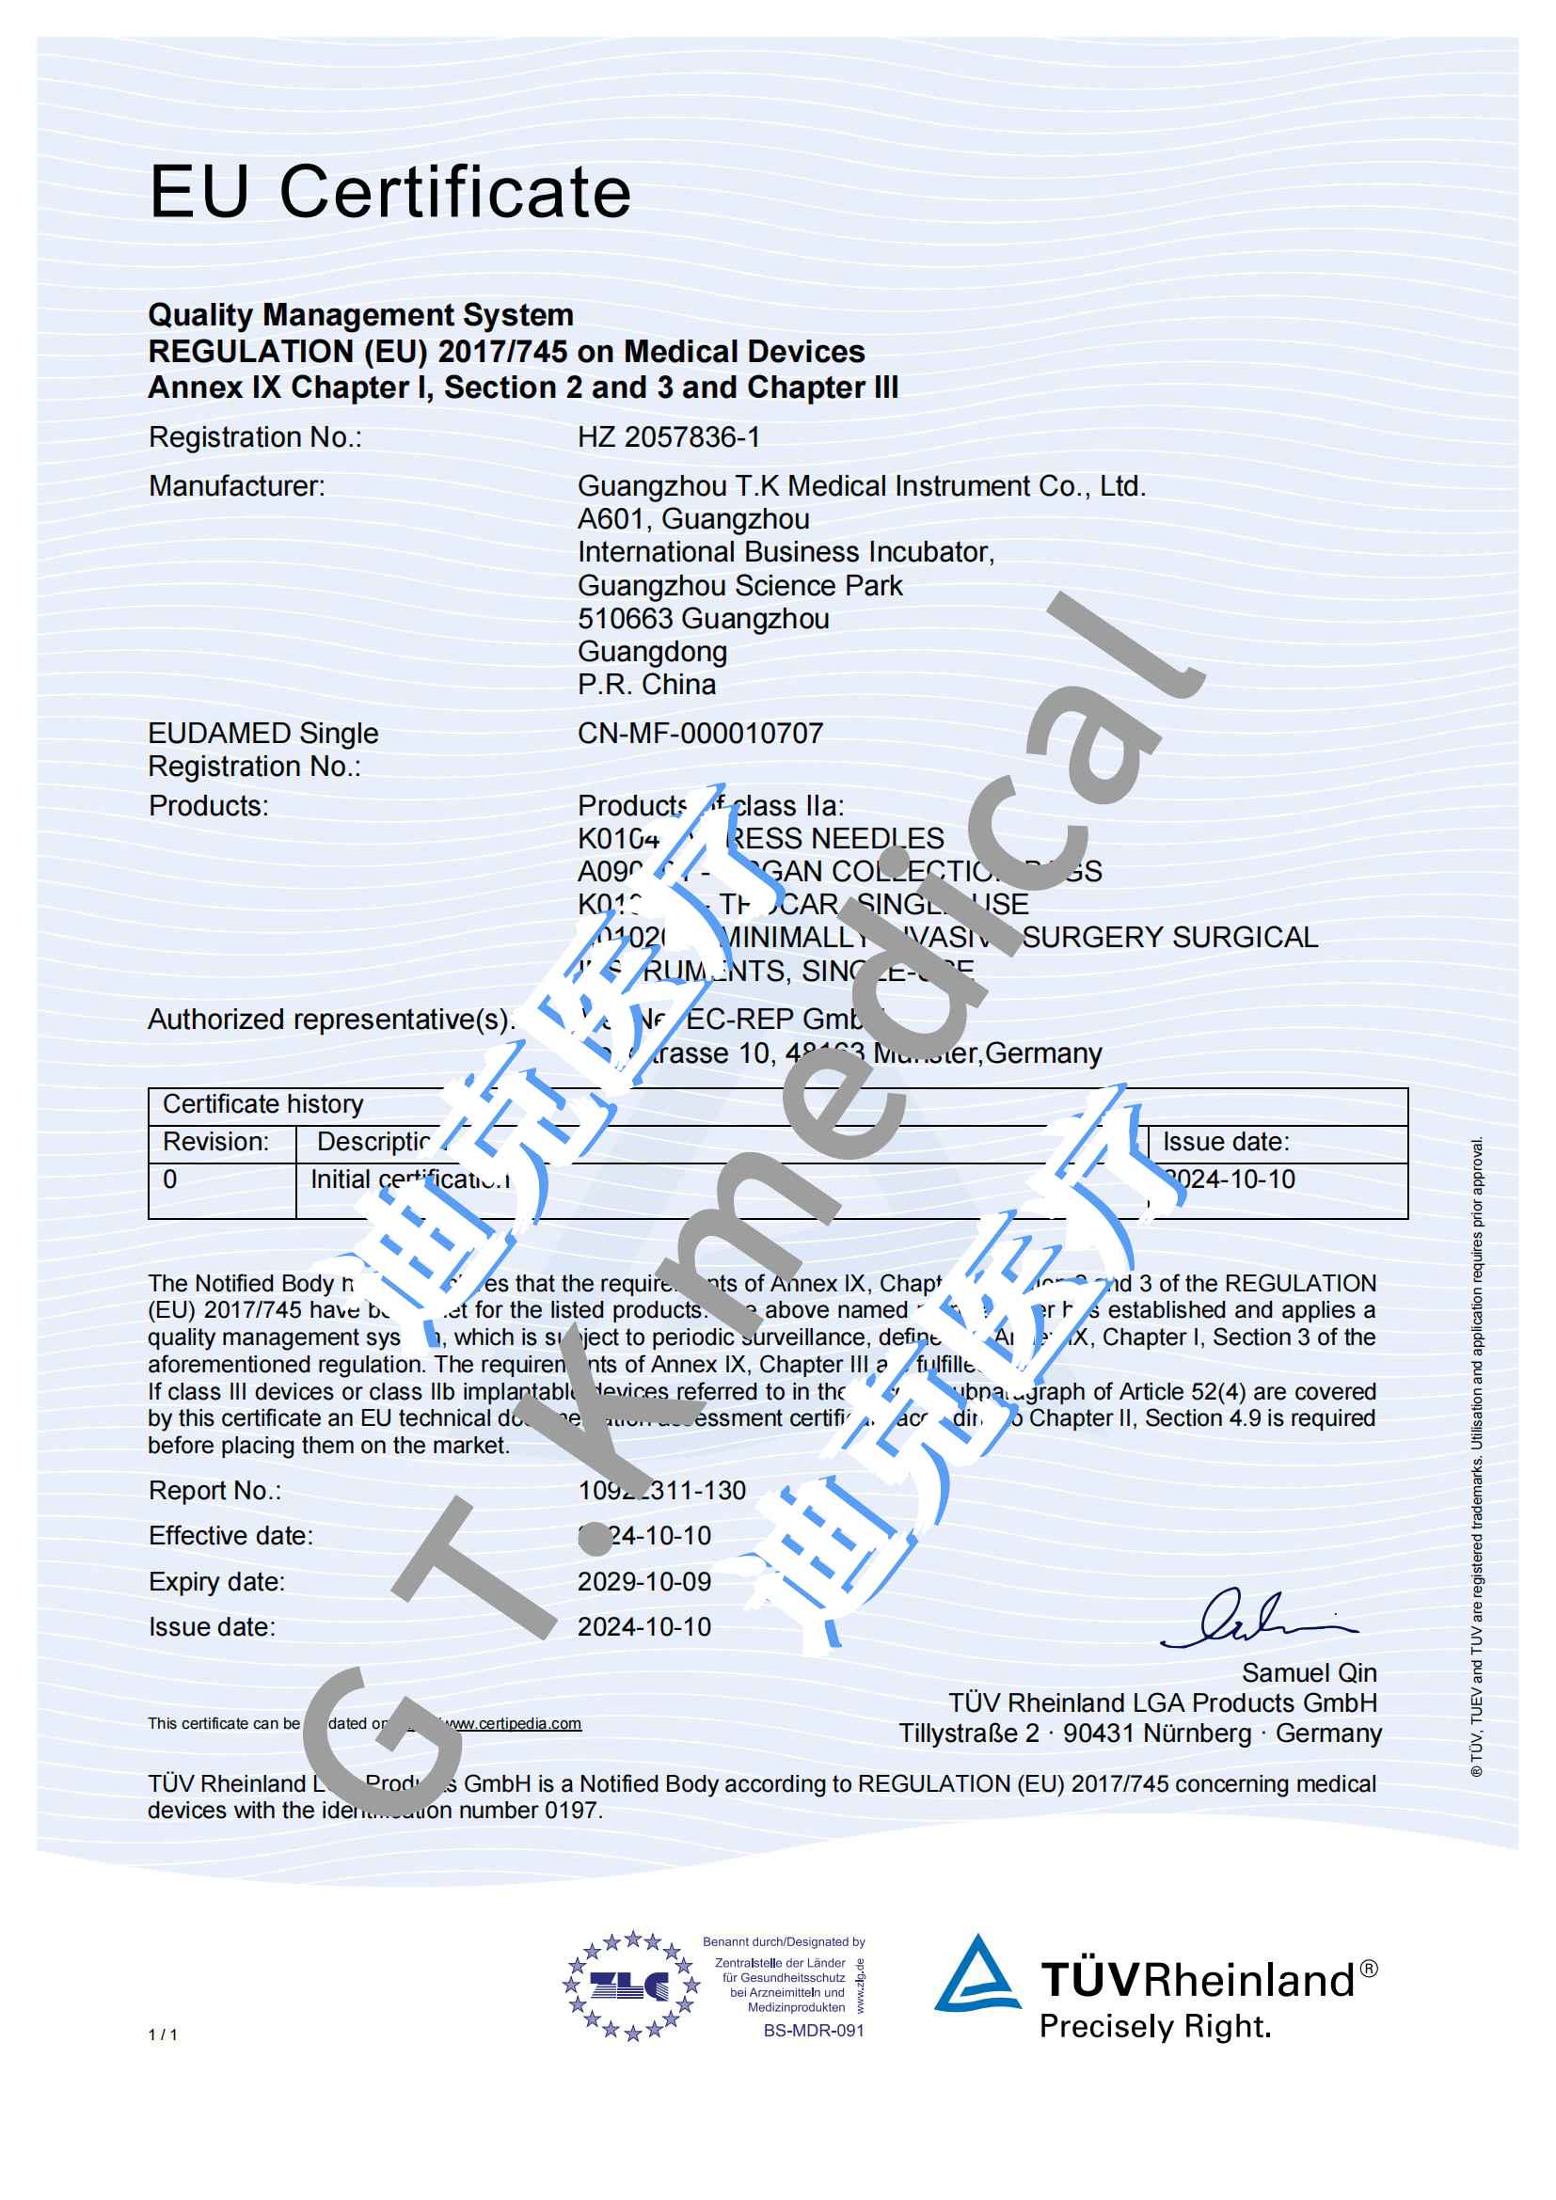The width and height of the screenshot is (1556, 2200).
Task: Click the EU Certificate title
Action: [390, 192]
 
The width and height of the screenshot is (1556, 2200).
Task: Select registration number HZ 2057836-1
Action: [668, 437]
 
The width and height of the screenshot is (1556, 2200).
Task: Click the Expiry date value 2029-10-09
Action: [643, 1581]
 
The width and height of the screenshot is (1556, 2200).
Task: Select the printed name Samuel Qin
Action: [1309, 1672]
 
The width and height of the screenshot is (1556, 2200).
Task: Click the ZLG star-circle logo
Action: [629, 1986]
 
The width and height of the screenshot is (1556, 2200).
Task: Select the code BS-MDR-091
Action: [814, 2031]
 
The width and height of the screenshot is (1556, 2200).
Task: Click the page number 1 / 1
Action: [162, 2034]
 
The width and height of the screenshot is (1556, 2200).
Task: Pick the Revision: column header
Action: [215, 1142]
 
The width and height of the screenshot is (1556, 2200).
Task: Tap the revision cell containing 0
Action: [169, 1179]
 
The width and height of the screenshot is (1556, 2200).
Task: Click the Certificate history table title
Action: [262, 1105]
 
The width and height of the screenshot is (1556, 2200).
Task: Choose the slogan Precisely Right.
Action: [1154, 2027]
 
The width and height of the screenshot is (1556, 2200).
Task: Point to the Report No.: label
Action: [214, 1491]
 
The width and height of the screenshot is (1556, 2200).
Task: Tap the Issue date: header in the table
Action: [1226, 1142]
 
